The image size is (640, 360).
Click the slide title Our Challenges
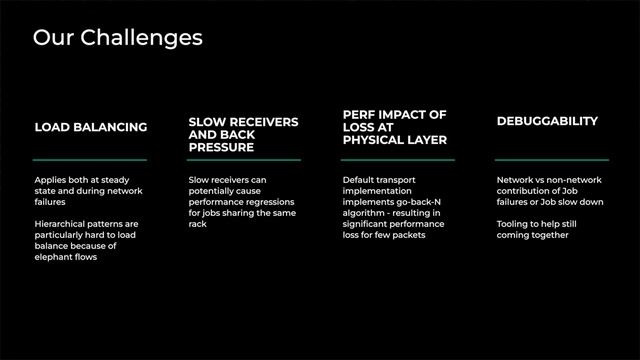117,38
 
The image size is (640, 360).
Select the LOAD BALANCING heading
91,127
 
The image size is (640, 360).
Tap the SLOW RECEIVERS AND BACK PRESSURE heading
243,134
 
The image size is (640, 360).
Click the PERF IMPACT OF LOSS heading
394,127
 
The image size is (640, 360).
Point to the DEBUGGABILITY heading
547,121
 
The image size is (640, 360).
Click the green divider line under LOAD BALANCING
90,159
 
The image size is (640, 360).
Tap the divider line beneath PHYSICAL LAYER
397,159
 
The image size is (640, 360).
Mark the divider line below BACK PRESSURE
243,159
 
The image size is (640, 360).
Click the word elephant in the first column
55,257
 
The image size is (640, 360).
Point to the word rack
197,224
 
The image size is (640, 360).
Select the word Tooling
514,224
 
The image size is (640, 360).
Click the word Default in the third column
359,180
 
